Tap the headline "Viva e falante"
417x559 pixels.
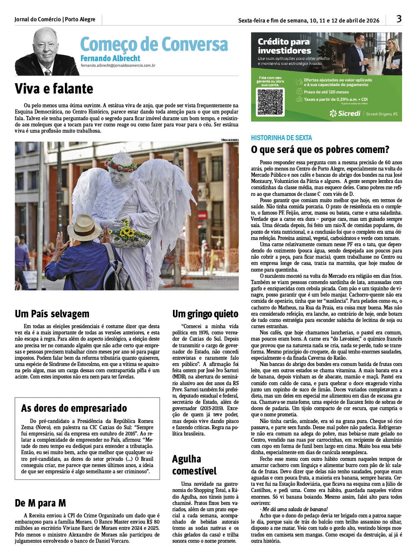tap(54, 89)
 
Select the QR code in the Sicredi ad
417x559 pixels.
tap(270, 101)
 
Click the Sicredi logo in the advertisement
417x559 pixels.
tap(345, 113)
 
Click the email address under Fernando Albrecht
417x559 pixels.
tap(118, 66)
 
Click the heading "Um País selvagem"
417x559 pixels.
tap(52, 314)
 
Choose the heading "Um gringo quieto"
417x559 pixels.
tap(205, 314)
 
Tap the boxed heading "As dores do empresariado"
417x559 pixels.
tap(74, 408)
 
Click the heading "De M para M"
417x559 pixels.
tap(40, 503)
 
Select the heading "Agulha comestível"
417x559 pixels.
tap(194, 465)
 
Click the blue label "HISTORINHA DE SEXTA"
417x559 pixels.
tap(281, 138)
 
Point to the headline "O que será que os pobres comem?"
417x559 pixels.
tap(320, 149)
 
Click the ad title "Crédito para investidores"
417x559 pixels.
tap(284, 46)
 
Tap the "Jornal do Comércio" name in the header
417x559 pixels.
tap(37, 20)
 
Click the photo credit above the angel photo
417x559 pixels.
tap(230, 140)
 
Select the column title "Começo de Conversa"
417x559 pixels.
tap(154, 44)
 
